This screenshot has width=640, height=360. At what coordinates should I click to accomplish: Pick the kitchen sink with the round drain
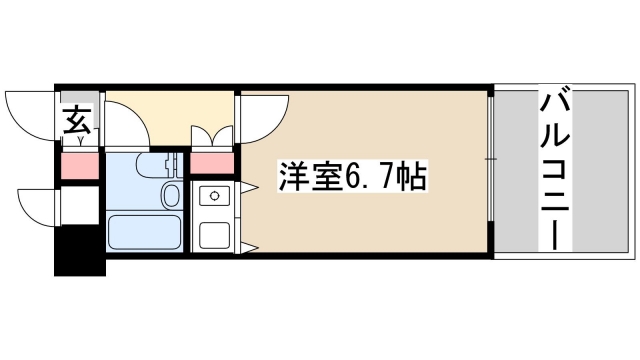click(x=213, y=197)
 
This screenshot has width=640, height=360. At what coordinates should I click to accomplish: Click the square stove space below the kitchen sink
click(x=213, y=234)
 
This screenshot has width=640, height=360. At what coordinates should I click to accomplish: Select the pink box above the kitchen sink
click(x=212, y=164)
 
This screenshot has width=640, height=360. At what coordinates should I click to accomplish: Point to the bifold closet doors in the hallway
click(x=211, y=136)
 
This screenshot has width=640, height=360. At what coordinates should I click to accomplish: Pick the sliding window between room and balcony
click(x=492, y=170)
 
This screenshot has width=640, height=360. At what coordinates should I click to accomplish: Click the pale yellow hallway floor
click(x=170, y=112)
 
